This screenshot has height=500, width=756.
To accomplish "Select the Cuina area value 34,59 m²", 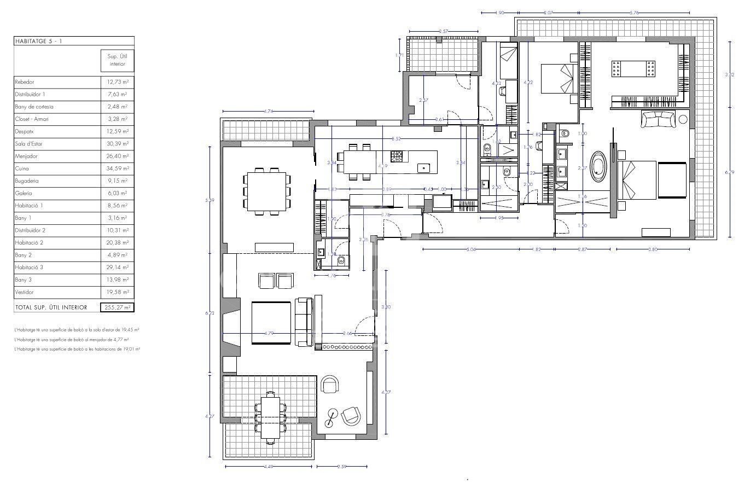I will point(117,168).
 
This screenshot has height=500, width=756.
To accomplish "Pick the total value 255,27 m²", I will point(117,307).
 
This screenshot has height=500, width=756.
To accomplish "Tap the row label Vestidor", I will point(25,292).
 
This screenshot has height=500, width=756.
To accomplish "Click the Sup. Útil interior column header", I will point(117,60).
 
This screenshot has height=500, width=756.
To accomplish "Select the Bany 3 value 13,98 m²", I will point(117,280).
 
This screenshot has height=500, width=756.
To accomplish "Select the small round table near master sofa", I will point(683,119).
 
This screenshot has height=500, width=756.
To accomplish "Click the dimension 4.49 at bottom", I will point(268,467).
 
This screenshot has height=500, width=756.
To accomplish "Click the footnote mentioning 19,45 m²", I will point(77,330).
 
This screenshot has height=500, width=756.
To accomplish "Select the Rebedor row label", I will point(25,82).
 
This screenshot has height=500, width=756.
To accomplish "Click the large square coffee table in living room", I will point(271,322).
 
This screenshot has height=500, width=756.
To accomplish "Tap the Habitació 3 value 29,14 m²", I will point(117,268).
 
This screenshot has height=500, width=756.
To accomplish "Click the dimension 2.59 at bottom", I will point(342,467).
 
